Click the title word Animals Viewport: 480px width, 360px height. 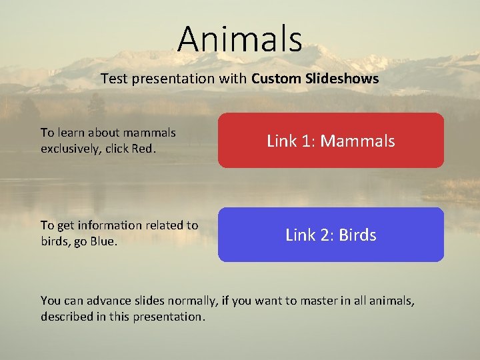click(x=239, y=38)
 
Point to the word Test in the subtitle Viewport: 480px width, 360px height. click(x=113, y=79)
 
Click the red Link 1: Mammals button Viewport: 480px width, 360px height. click(x=331, y=140)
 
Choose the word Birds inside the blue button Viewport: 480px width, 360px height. click(x=357, y=235)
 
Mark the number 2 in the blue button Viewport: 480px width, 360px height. click(x=327, y=235)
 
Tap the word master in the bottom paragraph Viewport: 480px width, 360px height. click(x=305, y=301)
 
